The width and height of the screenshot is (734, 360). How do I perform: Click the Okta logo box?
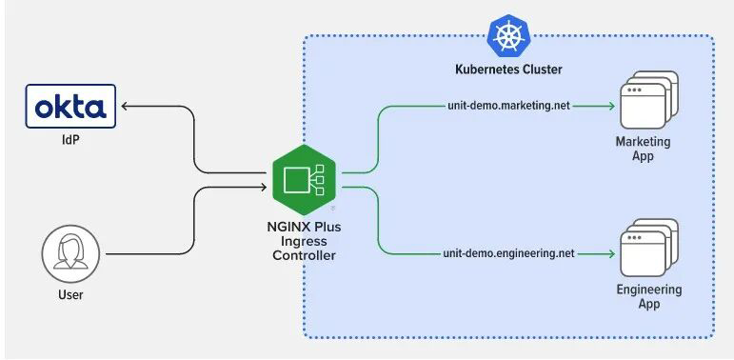pos(70,106)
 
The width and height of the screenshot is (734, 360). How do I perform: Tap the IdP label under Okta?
pos(70,139)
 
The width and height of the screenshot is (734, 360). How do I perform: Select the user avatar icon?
pos(70,253)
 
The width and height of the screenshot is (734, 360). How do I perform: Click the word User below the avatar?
pos(70,295)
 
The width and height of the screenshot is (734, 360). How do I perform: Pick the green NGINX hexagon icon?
pos(305,180)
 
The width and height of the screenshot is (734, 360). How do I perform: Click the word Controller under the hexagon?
pos(305,256)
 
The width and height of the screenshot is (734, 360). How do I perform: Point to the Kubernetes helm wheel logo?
pos(508,35)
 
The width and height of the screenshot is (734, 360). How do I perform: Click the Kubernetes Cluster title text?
pos(508,70)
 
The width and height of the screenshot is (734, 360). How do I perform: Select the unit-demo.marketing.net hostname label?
pos(508,107)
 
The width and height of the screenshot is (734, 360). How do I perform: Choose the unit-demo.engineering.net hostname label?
pos(508,253)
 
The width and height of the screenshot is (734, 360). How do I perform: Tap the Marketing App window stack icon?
pos(649,100)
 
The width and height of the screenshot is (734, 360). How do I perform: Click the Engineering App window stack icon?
pos(649,248)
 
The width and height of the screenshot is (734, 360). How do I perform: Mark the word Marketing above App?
pos(643,141)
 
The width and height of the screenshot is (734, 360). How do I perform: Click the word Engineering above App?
pos(649,290)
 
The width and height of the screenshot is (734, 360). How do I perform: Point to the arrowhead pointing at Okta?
pos(125,107)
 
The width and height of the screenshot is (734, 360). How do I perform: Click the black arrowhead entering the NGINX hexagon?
pos(263,188)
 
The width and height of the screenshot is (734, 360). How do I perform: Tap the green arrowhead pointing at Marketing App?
pos(610,107)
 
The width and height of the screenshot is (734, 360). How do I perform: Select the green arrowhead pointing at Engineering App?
pos(610,253)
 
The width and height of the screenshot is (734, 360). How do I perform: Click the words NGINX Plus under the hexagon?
pos(305,228)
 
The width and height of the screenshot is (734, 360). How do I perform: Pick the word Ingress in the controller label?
pos(305,242)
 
